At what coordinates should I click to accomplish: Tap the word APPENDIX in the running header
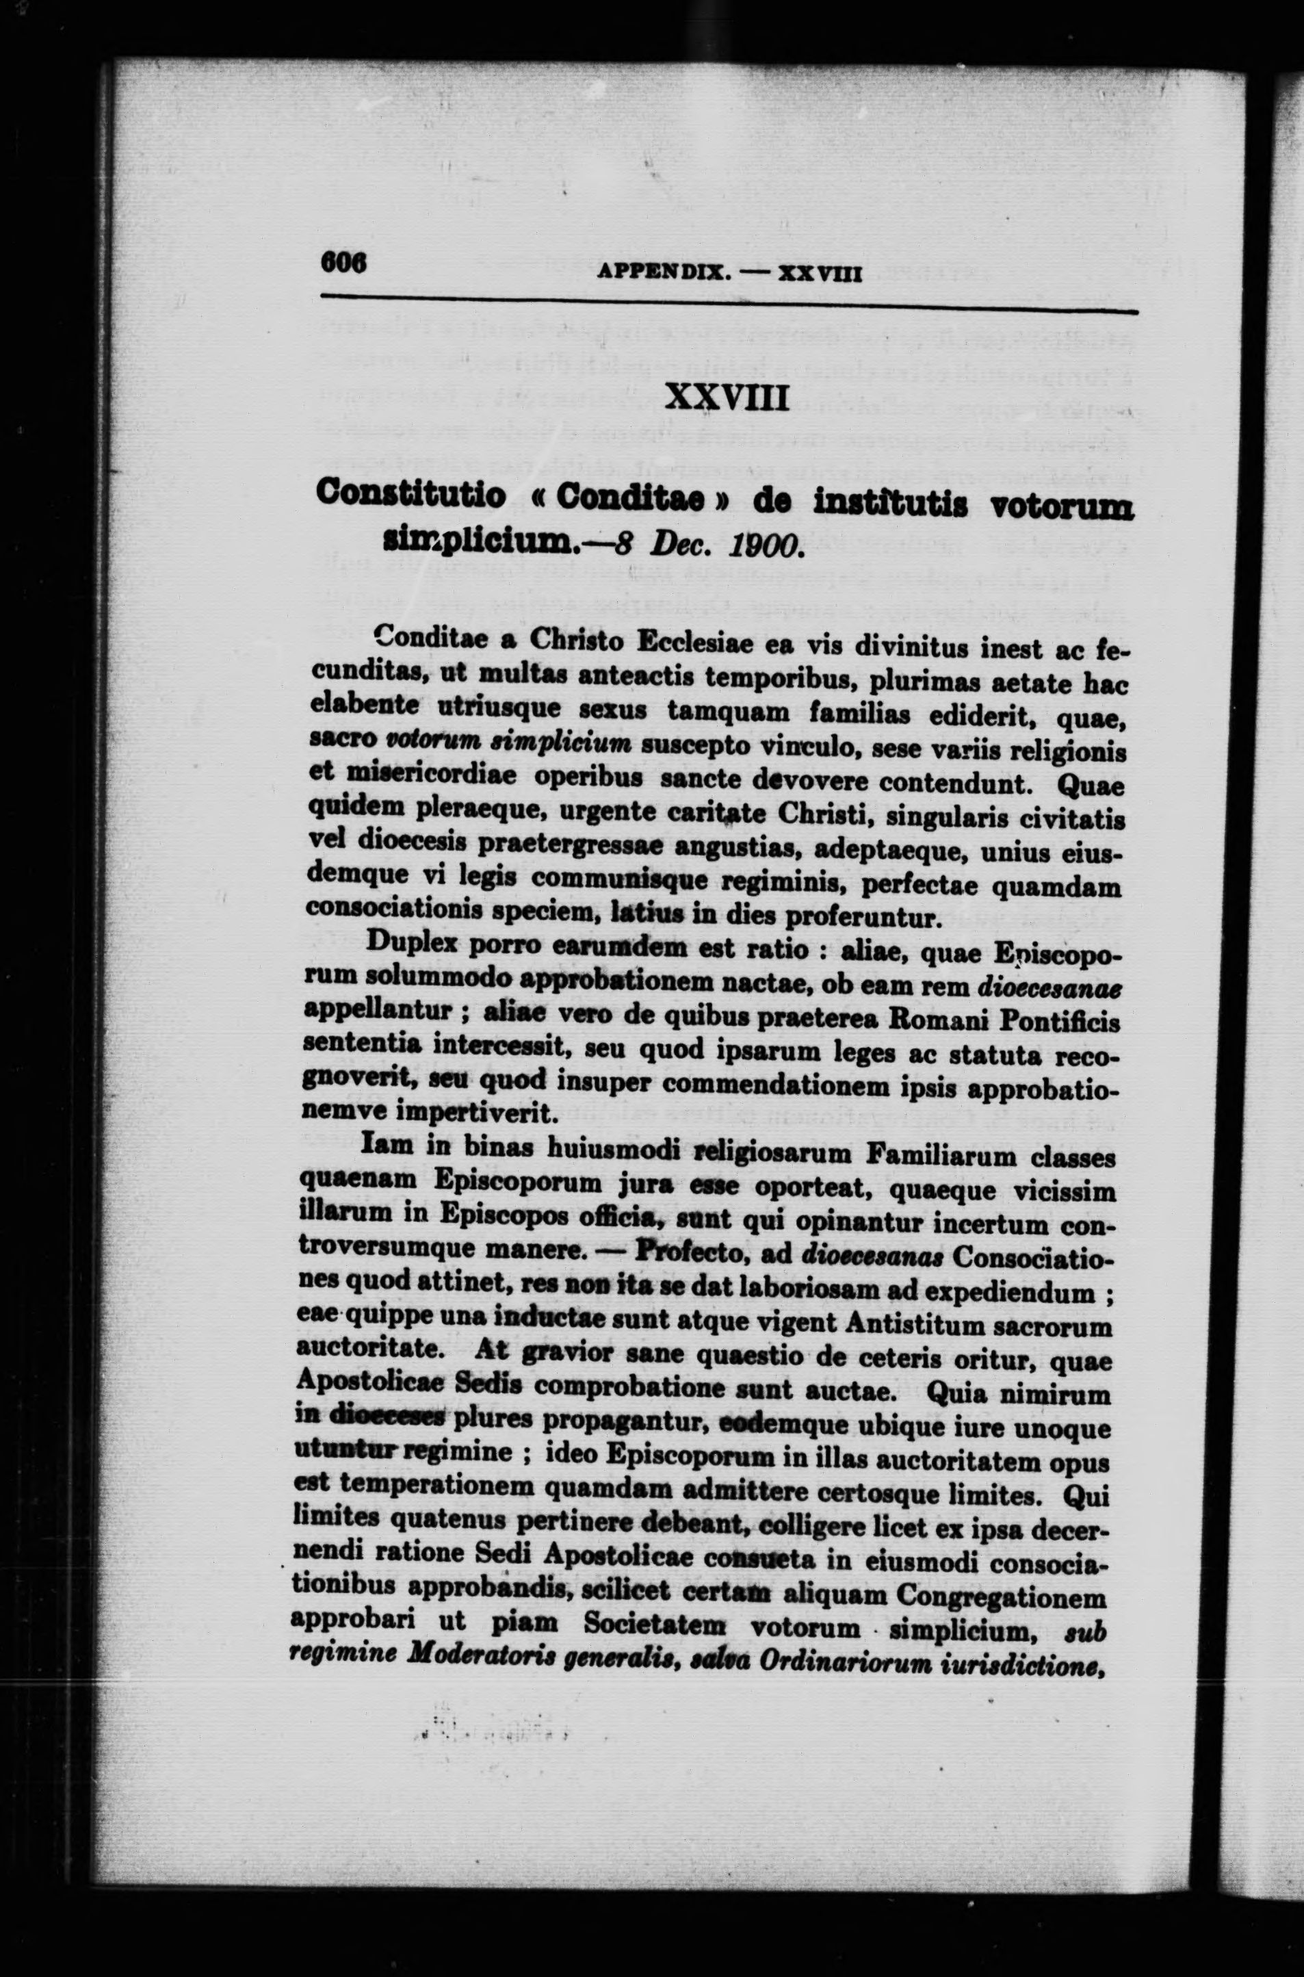pyautogui.click(x=664, y=271)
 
